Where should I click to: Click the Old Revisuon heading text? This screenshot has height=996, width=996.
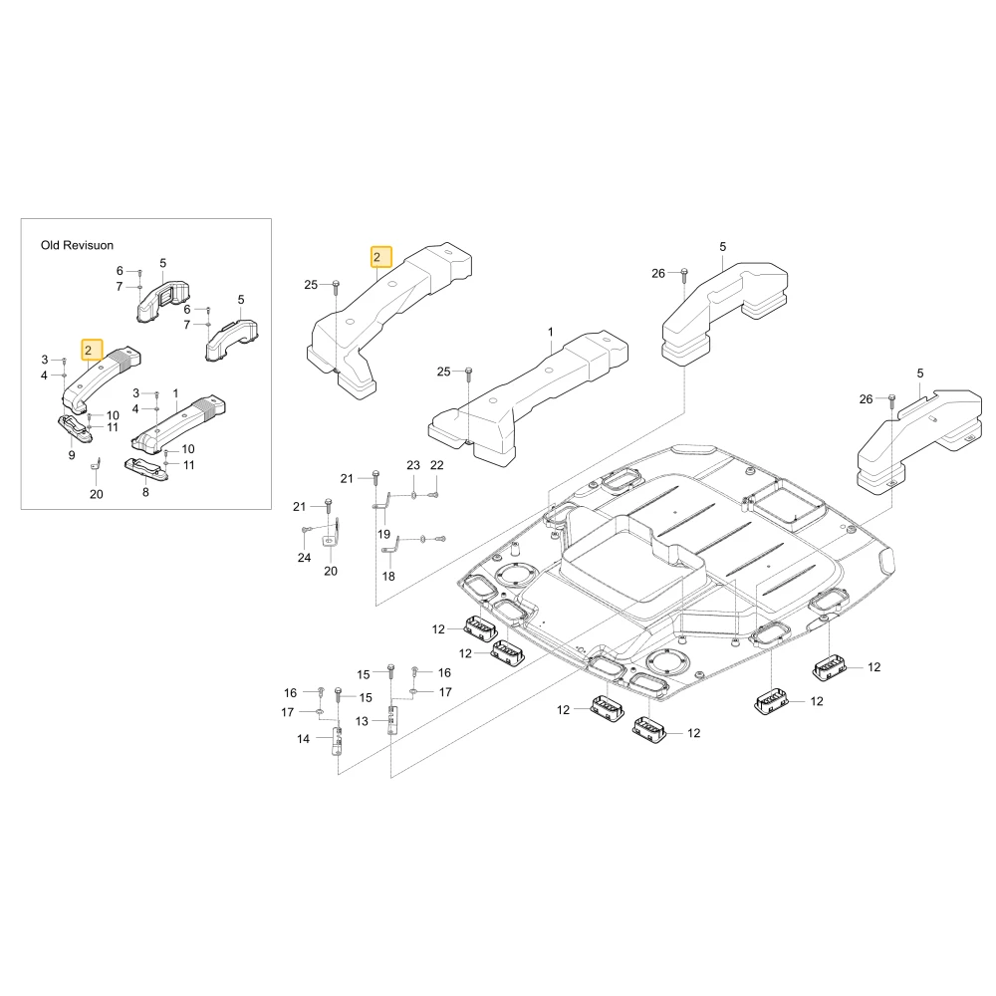[x=77, y=245]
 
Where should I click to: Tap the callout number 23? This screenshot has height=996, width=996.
[x=413, y=465]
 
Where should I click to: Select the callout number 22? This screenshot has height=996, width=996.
[x=437, y=465]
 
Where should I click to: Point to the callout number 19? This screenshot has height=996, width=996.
[x=383, y=534]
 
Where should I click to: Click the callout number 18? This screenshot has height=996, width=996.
[x=388, y=576]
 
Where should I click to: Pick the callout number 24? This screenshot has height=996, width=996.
[x=304, y=557]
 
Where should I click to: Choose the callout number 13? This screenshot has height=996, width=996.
[x=362, y=721]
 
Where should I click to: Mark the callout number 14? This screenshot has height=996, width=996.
[x=303, y=739]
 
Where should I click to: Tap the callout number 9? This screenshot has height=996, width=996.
[x=72, y=455]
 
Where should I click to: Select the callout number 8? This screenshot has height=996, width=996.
[x=145, y=492]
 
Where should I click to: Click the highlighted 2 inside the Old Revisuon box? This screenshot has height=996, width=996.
[x=92, y=350]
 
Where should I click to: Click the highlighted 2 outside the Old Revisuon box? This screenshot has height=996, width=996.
[x=381, y=257]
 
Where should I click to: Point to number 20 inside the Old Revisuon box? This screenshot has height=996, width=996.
[x=96, y=494]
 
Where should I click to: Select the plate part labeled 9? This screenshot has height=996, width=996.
[x=75, y=428]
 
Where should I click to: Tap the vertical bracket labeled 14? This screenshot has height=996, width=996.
[x=336, y=741]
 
